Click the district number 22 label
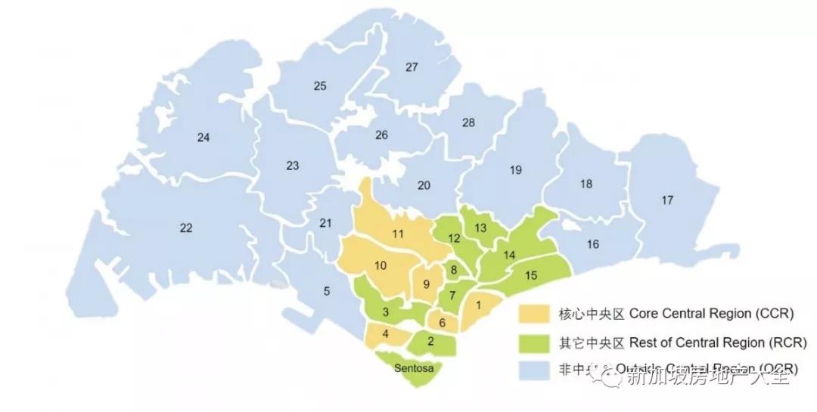(x=186, y=228)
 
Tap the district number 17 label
(x=666, y=200)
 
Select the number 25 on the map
(x=320, y=86)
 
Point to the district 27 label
(x=412, y=67)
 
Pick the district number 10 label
(x=381, y=265)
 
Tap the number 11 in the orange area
(x=398, y=234)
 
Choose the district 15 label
(x=530, y=275)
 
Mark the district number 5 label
(x=327, y=291)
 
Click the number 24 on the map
(x=203, y=138)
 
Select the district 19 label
(x=516, y=170)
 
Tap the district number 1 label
(x=478, y=305)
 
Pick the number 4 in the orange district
(x=386, y=333)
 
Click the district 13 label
(x=480, y=228)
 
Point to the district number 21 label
(x=325, y=223)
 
